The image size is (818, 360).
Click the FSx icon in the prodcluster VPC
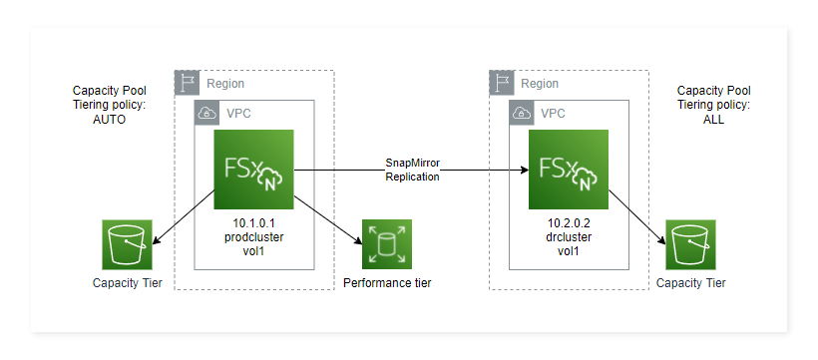click(x=254, y=170)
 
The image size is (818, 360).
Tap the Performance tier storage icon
click(x=386, y=245)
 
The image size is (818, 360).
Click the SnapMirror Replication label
click(x=412, y=170)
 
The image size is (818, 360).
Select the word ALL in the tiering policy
click(x=713, y=119)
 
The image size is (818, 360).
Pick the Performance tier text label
click(x=387, y=284)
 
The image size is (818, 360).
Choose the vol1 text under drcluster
click(x=570, y=252)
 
